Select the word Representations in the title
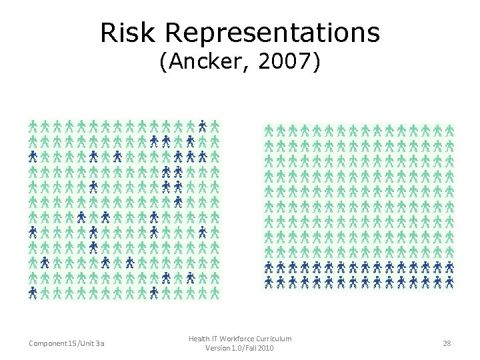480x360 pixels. [x=274, y=33]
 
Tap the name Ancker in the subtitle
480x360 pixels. [x=211, y=63]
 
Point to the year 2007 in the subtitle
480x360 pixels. [x=285, y=63]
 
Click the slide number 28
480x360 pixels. [x=447, y=343]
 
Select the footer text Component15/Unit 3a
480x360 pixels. [x=66, y=343]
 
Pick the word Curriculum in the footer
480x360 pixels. [x=277, y=339]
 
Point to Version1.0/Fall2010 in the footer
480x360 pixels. [x=239, y=348]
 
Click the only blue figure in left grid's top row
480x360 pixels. [x=202, y=125]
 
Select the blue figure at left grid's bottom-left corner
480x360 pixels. [x=33, y=292]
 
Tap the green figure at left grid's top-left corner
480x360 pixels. [x=33, y=125]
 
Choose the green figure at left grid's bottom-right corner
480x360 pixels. [x=215, y=292]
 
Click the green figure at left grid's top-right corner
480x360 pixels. [x=215, y=125]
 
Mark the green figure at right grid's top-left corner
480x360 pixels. [x=269, y=129]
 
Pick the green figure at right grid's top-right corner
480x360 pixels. [x=450, y=129]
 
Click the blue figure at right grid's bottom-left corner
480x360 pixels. [x=269, y=282]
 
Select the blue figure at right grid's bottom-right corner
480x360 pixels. [x=450, y=282]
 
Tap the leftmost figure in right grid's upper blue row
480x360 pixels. [x=269, y=267]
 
